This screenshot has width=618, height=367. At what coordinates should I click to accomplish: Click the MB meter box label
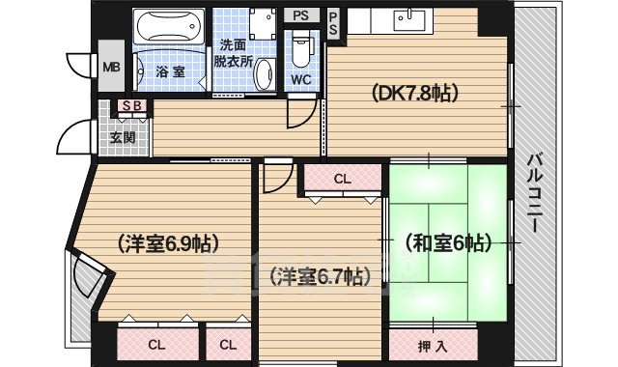coord(111,68)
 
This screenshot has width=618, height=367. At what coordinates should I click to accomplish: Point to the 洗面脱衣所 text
coord(233,52)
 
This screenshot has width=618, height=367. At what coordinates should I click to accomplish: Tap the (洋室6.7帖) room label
coord(316,277)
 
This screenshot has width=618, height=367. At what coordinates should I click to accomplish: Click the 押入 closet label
coord(434,344)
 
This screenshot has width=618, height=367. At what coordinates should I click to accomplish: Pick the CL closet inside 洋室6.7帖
coord(343,179)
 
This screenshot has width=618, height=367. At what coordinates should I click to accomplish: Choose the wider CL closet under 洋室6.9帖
coord(155,344)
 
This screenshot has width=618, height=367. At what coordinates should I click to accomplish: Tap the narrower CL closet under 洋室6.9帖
coord(227,344)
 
